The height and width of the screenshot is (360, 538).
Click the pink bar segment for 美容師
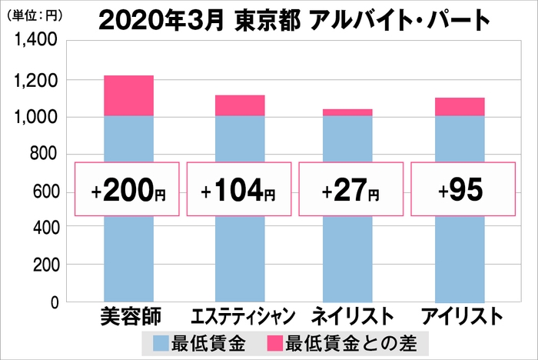point(128,95)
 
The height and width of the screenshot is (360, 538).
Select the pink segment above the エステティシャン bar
point(240,105)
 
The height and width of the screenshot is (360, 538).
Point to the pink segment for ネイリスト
point(348,112)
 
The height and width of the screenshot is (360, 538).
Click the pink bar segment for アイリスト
point(460,106)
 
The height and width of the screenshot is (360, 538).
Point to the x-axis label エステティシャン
point(240,317)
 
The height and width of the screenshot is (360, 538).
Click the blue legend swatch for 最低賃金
point(161,342)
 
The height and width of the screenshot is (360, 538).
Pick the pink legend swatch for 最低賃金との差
point(274,342)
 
